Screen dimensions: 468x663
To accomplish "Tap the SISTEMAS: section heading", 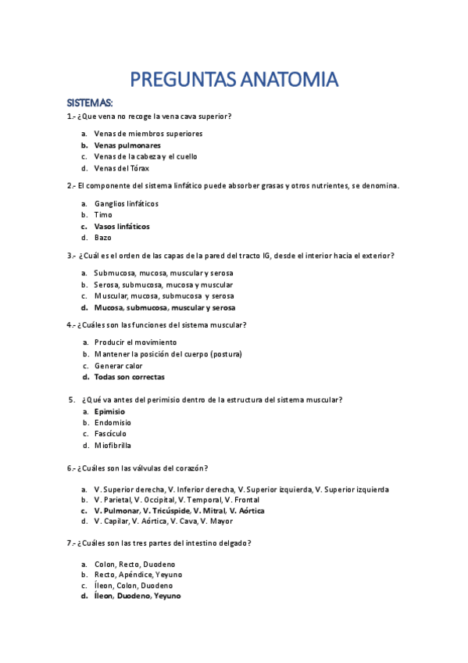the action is pyautogui.click(x=90, y=103).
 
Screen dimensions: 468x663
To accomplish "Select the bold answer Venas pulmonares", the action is pyautogui.click(x=127, y=145).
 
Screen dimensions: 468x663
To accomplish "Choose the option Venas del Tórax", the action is pyautogui.click(x=121, y=168).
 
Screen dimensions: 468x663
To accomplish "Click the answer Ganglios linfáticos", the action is pyautogui.click(x=126, y=203).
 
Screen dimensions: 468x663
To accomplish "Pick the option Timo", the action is pyautogui.click(x=103, y=215).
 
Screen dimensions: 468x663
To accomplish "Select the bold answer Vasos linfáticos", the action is pyautogui.click(x=122, y=226).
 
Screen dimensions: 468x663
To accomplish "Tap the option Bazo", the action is pyautogui.click(x=103, y=238).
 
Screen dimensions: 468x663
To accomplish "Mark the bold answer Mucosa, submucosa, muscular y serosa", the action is pyautogui.click(x=164, y=307).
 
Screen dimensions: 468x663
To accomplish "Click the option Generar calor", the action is pyautogui.click(x=119, y=365).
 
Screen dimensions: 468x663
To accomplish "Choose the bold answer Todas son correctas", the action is pyautogui.click(x=129, y=377).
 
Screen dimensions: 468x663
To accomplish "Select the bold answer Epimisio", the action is pyautogui.click(x=109, y=411).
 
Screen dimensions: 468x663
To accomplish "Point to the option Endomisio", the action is pyautogui.click(x=113, y=422).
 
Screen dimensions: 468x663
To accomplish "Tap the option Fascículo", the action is pyautogui.click(x=110, y=434).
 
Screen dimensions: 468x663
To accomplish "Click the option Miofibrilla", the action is pyautogui.click(x=113, y=446).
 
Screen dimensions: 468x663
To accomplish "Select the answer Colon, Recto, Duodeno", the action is pyautogui.click(x=134, y=564).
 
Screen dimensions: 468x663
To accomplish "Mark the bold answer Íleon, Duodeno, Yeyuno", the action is pyautogui.click(x=137, y=596).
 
